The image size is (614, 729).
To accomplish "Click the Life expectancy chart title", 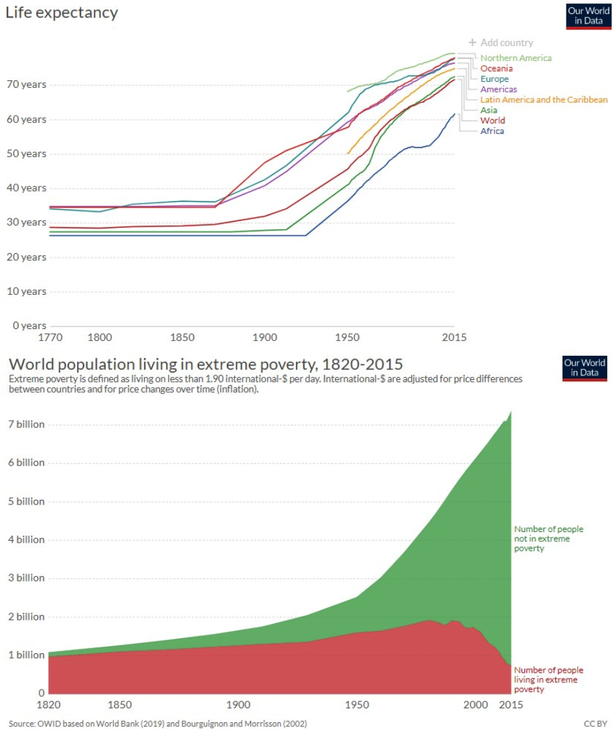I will [62, 13].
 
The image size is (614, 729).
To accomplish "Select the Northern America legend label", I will [516, 58].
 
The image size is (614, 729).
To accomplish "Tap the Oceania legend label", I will [496, 68].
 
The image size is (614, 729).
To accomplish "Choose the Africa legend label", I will [492, 131].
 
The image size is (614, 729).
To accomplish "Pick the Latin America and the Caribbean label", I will [544, 100].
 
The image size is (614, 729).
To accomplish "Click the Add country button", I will [501, 43].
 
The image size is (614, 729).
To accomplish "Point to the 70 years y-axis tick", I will [25, 84].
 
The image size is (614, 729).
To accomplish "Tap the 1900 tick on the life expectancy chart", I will [263, 338].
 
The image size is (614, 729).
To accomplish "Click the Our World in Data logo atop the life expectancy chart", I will [589, 16].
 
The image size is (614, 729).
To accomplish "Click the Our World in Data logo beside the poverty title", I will [585, 368].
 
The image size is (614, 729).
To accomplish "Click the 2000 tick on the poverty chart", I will [476, 705].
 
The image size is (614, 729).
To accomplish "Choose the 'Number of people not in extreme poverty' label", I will [548, 539].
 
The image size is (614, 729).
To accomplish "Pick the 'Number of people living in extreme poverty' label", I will [548, 679].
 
